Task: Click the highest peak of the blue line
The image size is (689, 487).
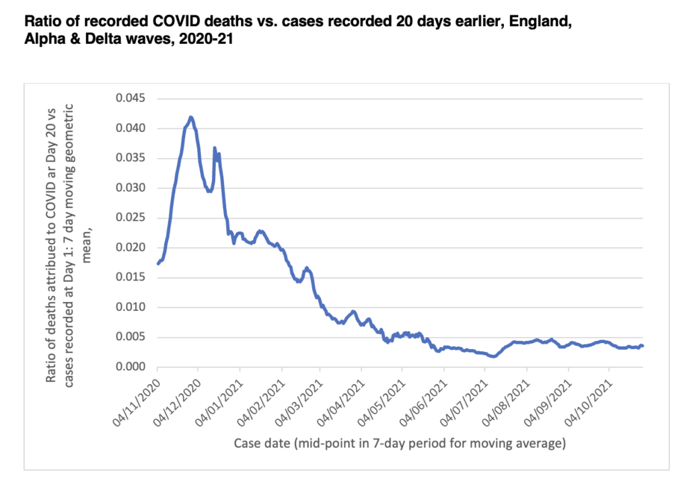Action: click(x=191, y=117)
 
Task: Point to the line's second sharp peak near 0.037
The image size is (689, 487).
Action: click(x=215, y=148)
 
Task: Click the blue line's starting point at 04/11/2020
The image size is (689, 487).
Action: click(x=157, y=264)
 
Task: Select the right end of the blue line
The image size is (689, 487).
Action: click(x=643, y=346)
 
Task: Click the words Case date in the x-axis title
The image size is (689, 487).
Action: click(x=260, y=444)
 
